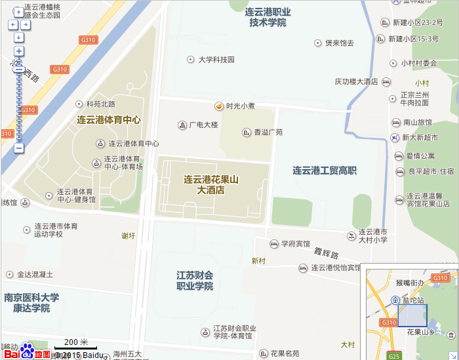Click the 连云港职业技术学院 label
coord(268,17)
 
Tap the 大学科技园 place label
coord(216,60)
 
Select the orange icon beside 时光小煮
coord(218,106)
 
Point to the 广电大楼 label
coord(203,125)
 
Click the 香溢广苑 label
coord(268,132)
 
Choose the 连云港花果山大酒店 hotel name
coord(210,185)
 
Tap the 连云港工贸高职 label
coord(325,170)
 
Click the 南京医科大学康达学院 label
coord(31,303)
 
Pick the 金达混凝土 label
coord(35,274)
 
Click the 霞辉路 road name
coord(325,253)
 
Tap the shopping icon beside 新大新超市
coord(393,138)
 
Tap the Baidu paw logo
coord(27,348)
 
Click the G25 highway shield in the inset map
coord(394,356)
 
